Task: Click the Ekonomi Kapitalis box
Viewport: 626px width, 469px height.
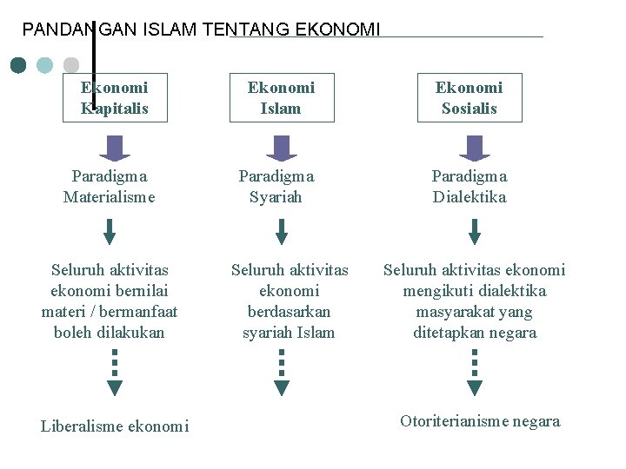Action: (115, 98)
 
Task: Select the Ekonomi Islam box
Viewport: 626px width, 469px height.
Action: (281, 98)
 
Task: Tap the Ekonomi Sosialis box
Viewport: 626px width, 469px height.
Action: (469, 98)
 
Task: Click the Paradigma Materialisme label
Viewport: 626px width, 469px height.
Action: (110, 187)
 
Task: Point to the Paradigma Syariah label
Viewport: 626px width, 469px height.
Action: (276, 187)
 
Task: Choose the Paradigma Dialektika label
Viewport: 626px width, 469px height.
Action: (469, 187)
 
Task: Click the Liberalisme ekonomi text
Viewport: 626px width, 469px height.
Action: (115, 426)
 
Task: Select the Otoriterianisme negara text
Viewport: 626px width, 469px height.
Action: (480, 421)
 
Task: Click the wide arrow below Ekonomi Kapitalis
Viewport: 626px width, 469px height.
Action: (114, 148)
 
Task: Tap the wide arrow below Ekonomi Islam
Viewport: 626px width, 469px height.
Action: (281, 148)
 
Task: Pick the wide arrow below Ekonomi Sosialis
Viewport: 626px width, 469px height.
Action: (474, 148)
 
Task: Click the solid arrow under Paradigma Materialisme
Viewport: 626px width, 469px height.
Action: (110, 231)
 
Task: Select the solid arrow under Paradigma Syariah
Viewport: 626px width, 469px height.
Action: (281, 231)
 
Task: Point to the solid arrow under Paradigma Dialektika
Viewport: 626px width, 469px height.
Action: (474, 231)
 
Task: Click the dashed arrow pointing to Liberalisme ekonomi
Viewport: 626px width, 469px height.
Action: (115, 373)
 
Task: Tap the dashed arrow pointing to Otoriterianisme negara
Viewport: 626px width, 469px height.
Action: (474, 373)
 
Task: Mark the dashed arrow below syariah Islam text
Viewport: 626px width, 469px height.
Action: (281, 373)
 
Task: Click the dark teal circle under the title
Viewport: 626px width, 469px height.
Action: (19, 65)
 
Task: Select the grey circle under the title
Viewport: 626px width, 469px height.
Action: (71, 65)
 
